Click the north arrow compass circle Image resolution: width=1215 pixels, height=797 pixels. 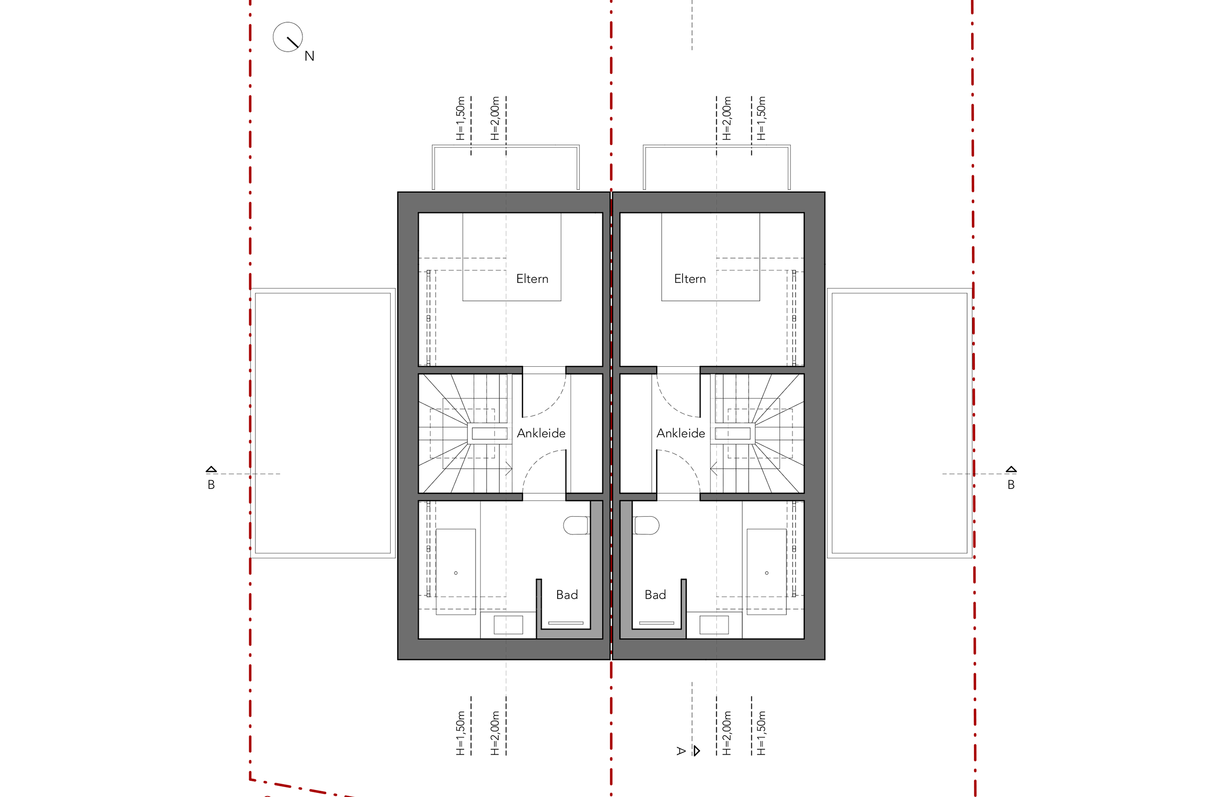point(288,23)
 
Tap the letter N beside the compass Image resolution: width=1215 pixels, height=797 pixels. point(309,56)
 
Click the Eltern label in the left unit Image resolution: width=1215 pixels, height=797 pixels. point(532,279)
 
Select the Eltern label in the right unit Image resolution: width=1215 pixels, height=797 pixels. point(690,279)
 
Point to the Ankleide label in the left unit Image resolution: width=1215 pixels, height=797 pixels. point(541,433)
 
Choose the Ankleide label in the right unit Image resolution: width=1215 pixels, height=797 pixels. point(681,433)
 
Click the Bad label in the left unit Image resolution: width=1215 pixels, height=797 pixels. point(567,595)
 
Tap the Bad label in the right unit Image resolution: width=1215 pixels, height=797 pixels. point(655,595)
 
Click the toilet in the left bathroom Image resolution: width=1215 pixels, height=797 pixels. point(576,526)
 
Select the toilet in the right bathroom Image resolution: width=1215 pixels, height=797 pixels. point(646,526)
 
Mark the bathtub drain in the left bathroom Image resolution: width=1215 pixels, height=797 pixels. point(456,573)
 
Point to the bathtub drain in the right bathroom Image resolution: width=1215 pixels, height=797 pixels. point(766,573)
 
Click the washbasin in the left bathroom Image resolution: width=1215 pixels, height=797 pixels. point(508,625)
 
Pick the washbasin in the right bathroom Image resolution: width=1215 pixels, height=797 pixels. point(714,625)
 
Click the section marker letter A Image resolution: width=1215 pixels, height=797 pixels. point(681,751)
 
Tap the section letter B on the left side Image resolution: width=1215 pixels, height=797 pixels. point(211,485)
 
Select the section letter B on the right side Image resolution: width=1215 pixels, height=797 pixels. point(1011,485)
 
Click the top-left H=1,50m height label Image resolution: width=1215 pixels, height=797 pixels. point(460,119)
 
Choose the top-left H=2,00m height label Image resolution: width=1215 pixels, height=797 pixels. point(495,119)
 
